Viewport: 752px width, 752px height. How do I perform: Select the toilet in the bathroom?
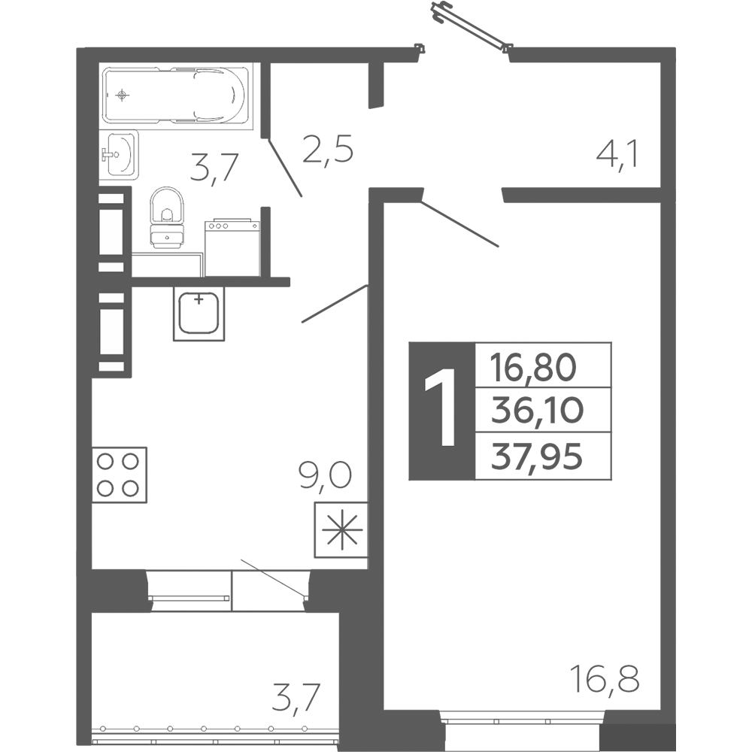(167, 218)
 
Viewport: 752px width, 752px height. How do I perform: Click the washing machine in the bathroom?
(232, 247)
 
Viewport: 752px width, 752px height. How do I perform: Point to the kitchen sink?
(199, 314)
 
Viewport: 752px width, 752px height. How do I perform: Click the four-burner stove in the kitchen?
(119, 475)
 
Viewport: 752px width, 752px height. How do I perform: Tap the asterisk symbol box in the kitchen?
(341, 529)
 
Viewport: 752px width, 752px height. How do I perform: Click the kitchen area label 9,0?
(325, 475)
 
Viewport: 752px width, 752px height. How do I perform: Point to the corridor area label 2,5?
(328, 150)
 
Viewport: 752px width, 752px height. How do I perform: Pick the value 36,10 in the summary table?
(537, 411)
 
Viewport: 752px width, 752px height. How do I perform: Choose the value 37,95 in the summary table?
(537, 456)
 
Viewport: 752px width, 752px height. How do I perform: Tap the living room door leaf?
(459, 224)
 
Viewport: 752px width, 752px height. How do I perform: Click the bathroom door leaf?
(286, 168)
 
